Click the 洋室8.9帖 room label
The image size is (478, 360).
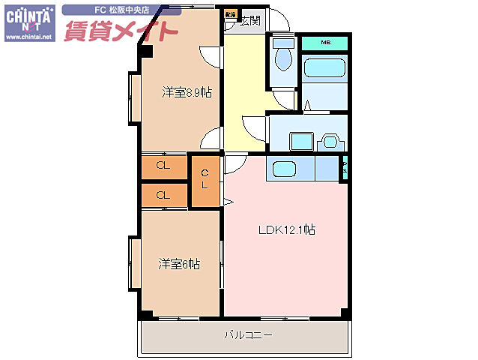click(x=186, y=93)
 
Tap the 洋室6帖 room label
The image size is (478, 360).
click(x=179, y=264)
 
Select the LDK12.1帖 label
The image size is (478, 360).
click(x=286, y=231)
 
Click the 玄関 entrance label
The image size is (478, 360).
click(x=250, y=20)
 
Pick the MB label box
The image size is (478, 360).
click(x=325, y=43)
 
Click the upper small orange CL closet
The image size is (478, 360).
click(x=163, y=166)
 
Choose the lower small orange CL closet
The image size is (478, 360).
click(x=163, y=195)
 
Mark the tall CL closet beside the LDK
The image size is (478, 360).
click(x=205, y=180)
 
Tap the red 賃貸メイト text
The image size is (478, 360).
click(x=121, y=31)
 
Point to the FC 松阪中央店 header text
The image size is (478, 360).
click(x=121, y=10)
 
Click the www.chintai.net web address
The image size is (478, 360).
click(x=28, y=37)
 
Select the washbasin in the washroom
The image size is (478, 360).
click(x=330, y=140)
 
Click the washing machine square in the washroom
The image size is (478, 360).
click(x=302, y=141)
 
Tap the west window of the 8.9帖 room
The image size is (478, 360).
click(x=134, y=97)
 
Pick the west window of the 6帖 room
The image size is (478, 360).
click(x=134, y=263)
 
